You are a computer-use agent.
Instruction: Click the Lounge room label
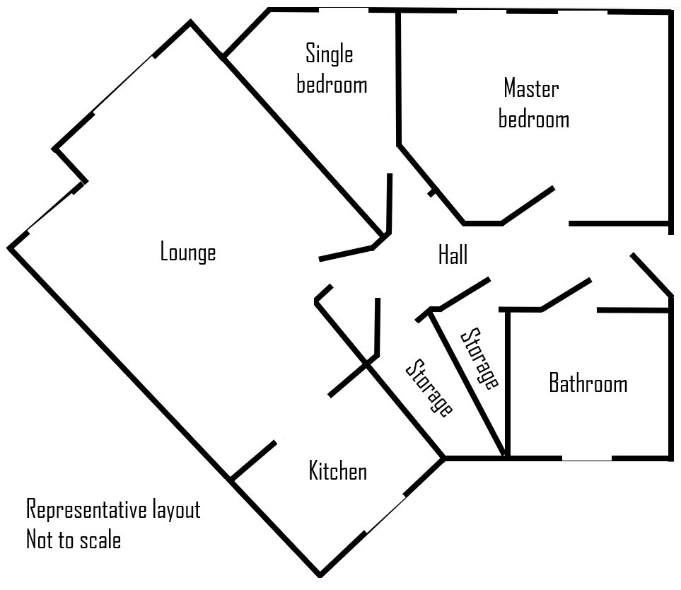coord(187,252)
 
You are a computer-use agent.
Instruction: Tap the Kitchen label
coord(337,471)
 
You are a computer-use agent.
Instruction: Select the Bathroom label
coord(588,383)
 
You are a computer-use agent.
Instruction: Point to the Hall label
coord(453,255)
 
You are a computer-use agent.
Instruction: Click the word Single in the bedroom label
coord(329,53)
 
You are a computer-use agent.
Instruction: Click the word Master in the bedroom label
coord(531,88)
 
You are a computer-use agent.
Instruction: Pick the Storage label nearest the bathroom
coord(480,358)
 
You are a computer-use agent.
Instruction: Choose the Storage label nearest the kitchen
coord(429,388)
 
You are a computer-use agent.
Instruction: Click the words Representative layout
coord(113,509)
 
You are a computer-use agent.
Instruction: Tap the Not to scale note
coord(74,540)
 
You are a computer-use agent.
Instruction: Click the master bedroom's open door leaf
coord(528,205)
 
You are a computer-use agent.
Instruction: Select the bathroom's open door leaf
coord(566,294)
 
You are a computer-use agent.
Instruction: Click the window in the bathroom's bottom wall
coord(586,460)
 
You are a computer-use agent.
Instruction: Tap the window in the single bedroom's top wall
coord(343,9)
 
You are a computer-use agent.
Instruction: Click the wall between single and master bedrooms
coord(399,78)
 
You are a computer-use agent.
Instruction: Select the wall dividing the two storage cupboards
coord(467,382)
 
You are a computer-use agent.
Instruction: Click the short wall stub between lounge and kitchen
coord(253,460)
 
